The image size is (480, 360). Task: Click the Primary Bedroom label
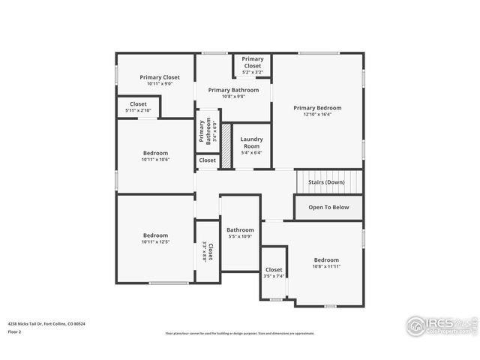click(x=316, y=108)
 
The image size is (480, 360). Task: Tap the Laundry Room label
click(x=251, y=142)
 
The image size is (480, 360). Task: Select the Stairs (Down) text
click(x=326, y=182)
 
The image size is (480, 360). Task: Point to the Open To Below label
click(x=327, y=207)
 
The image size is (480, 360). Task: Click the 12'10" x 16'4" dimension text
click(x=316, y=115)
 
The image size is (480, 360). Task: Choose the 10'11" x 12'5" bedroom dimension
click(x=156, y=242)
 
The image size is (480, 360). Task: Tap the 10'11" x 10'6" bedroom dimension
click(x=155, y=160)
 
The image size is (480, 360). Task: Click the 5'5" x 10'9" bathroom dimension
click(x=240, y=237)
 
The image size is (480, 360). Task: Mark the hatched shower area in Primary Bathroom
click(x=225, y=139)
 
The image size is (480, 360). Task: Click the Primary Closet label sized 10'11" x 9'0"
click(x=160, y=76)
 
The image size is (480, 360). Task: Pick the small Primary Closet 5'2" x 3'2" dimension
click(x=253, y=73)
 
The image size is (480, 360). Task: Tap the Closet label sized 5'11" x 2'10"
click(x=138, y=104)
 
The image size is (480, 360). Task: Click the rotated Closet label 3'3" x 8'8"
click(x=211, y=251)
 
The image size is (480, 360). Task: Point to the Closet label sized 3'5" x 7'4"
click(x=274, y=270)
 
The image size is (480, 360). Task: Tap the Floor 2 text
click(x=15, y=331)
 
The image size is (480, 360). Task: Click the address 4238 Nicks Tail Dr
click(x=46, y=324)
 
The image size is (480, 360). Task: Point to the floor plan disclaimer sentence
click(x=240, y=334)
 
